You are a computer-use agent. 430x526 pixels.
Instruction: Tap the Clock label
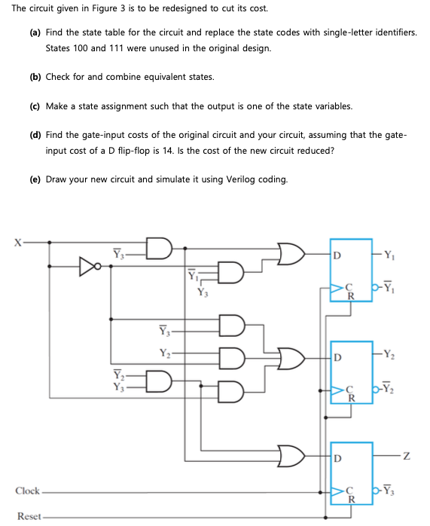point(27,491)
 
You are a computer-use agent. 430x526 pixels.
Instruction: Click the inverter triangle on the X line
point(89,265)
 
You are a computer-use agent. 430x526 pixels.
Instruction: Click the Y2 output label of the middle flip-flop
point(389,354)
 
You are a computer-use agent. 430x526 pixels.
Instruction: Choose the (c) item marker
point(35,106)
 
